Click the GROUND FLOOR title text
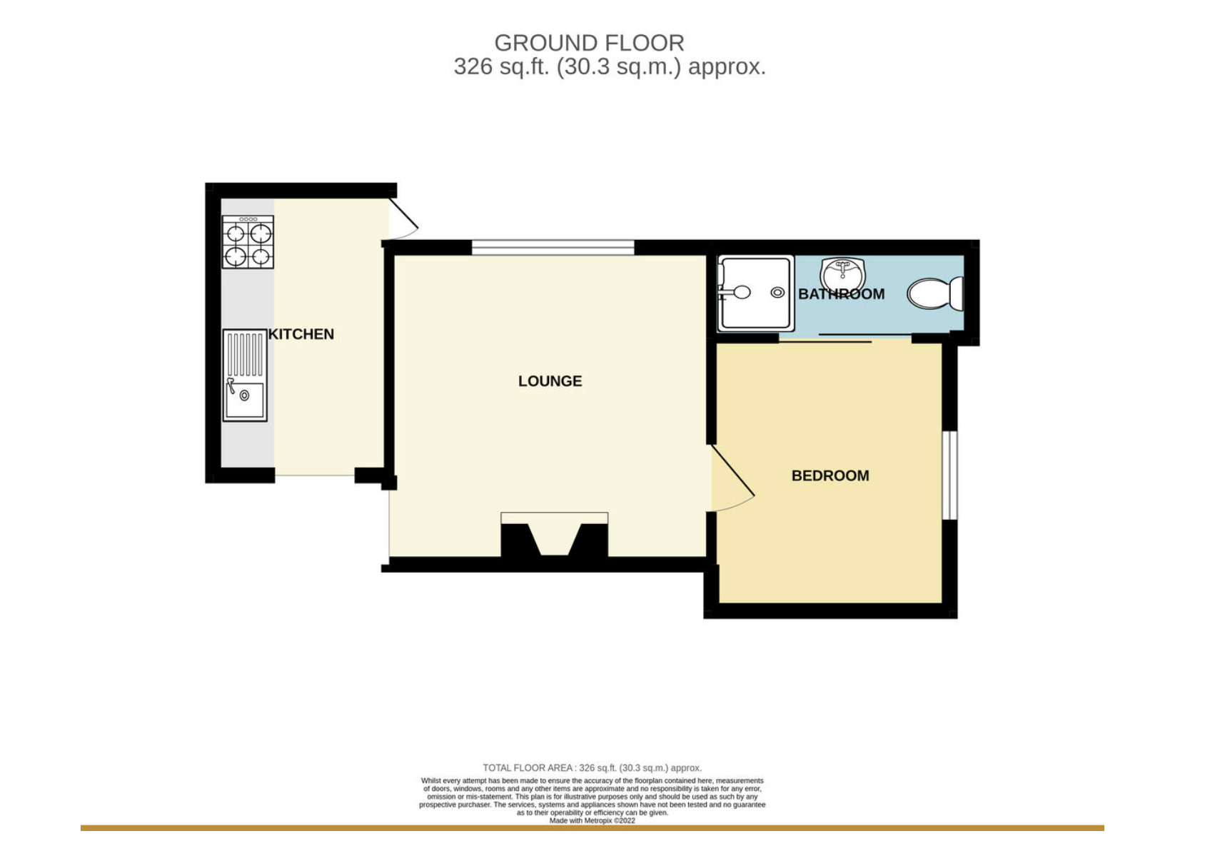pyautogui.click(x=589, y=43)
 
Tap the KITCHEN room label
pyautogui.click(x=301, y=334)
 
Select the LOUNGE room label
pyautogui.click(x=550, y=381)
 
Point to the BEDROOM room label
pyautogui.click(x=830, y=475)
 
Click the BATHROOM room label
pyautogui.click(x=841, y=294)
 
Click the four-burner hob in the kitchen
pyautogui.click(x=248, y=243)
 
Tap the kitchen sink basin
pyautogui.click(x=245, y=400)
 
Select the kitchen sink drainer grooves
pyautogui.click(x=245, y=354)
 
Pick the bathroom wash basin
pyautogui.click(x=842, y=273)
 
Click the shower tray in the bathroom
pyautogui.click(x=755, y=293)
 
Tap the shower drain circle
pyautogui.click(x=777, y=293)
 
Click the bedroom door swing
pyautogui.click(x=732, y=478)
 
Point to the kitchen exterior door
pyautogui.click(x=403, y=218)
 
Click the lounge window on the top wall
pyautogui.click(x=553, y=248)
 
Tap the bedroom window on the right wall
pyautogui.click(x=949, y=475)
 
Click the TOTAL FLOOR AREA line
pyautogui.click(x=592, y=768)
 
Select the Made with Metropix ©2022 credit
pyautogui.click(x=592, y=821)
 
